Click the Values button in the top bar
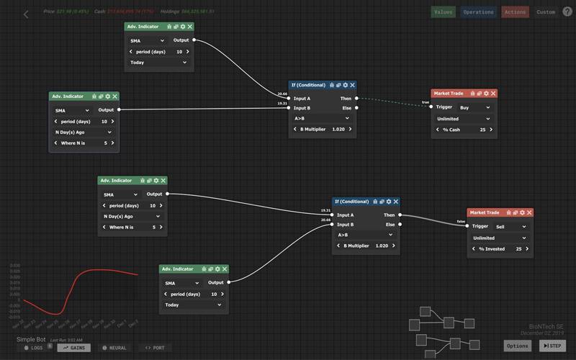coord(443,12)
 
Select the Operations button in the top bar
coord(478,12)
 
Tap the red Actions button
coord(515,12)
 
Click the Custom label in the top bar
coord(546,12)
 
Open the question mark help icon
coord(567,12)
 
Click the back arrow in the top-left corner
coord(26,14)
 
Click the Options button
coord(518,346)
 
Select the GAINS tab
coord(73,348)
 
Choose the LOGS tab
coord(33,348)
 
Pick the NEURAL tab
coord(114,348)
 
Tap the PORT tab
coord(154,348)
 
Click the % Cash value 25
coord(482,130)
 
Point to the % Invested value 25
coord(518,249)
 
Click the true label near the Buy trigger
coord(425,102)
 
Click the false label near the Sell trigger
coord(461,221)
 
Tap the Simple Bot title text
coord(31,338)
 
